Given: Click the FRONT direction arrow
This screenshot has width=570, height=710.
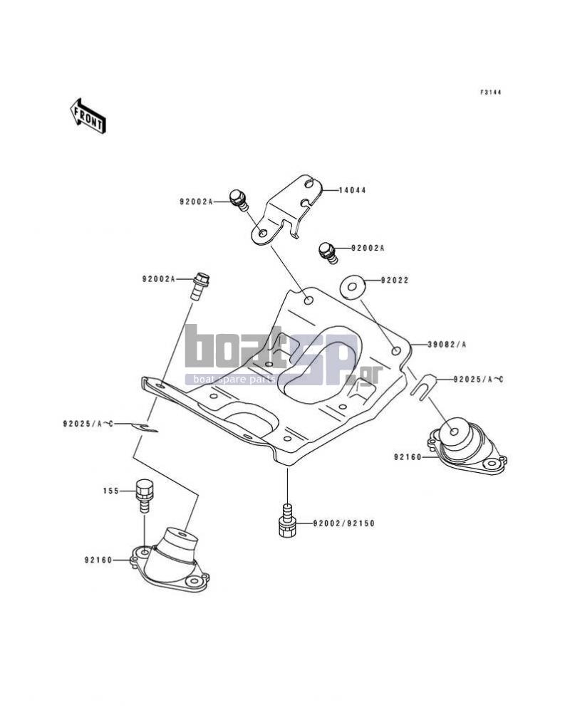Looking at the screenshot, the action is coord(88,115).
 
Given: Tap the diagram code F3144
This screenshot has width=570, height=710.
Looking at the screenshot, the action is coord(491,93).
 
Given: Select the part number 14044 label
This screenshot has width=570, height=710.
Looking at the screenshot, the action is coord(352,190).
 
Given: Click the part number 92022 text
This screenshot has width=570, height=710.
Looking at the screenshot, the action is coord(394,281).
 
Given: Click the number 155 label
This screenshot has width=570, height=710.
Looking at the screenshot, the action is coord(111,491).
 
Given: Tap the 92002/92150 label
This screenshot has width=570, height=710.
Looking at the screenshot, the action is coord(344,523).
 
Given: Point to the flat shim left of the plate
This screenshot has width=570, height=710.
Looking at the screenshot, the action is coord(145,427).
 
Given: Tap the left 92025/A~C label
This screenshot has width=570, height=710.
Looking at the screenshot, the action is coord(88,424).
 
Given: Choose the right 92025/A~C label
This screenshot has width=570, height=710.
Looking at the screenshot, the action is coord(479,380).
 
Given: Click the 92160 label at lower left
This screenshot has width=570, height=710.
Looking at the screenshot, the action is coord(98,560).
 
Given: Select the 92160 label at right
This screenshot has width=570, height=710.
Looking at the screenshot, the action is coord(408,457).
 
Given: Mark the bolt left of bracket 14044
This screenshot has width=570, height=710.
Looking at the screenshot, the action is coord(238,200).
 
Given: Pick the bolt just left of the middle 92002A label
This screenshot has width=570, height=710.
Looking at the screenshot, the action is coord(328,253).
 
